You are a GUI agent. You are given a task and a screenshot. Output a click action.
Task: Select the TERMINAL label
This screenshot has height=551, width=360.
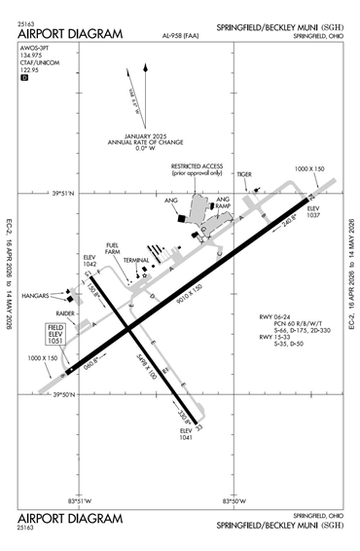[135, 261]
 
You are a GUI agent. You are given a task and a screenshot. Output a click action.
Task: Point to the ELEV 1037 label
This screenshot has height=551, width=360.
[313, 211]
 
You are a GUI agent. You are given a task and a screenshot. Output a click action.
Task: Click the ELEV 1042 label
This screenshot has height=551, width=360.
[90, 260]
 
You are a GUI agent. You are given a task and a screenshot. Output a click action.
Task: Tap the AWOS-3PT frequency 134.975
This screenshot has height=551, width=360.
[32, 56]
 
